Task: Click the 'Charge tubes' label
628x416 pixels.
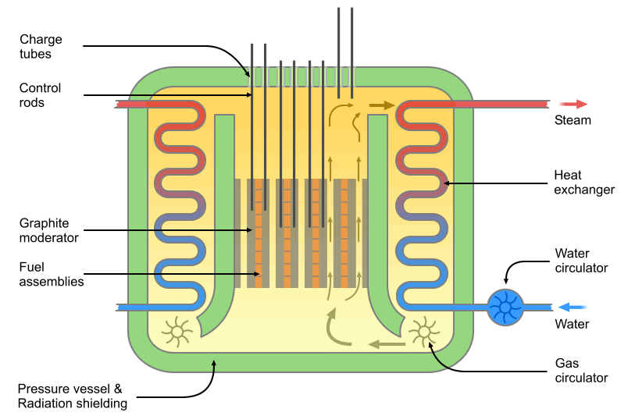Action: pyautogui.click(x=41, y=47)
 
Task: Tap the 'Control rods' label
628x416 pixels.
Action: pyautogui.click(x=41, y=95)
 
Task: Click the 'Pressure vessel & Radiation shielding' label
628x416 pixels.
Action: pyautogui.click(x=72, y=396)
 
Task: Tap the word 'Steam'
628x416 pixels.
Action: pyautogui.click(x=573, y=120)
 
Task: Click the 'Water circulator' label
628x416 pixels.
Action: pyautogui.click(x=581, y=261)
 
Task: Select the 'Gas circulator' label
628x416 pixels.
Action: pyautogui.click(x=581, y=371)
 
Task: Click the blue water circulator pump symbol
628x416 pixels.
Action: pyautogui.click(x=505, y=307)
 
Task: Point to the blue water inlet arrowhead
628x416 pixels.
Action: pyautogui.click(x=565, y=307)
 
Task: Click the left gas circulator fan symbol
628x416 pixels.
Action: pyautogui.click(x=177, y=331)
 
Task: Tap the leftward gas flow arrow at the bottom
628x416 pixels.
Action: pyautogui.click(x=386, y=343)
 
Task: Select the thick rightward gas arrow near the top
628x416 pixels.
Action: pyautogui.click(x=382, y=105)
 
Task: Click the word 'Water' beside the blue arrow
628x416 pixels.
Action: pyautogui.click(x=572, y=324)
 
